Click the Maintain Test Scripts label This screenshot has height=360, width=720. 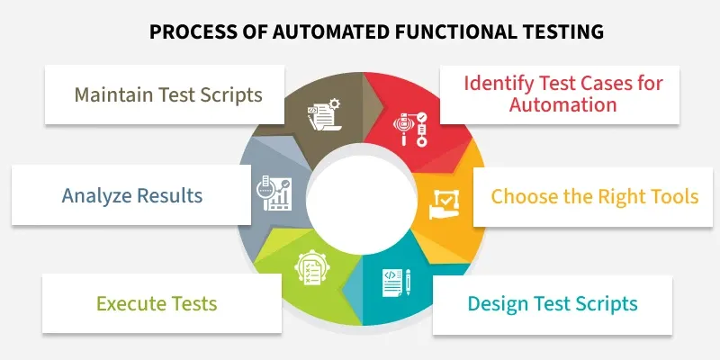pyautogui.click(x=167, y=94)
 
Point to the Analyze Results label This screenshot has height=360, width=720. pyautogui.click(x=132, y=195)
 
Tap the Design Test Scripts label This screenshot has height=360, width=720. pyautogui.click(x=553, y=303)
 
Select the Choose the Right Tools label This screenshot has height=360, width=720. pyautogui.click(x=595, y=196)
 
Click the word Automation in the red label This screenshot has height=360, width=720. pyautogui.click(x=563, y=104)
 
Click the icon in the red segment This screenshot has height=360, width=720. pyautogui.click(x=408, y=130)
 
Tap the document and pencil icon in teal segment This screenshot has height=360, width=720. pyautogui.click(x=397, y=282)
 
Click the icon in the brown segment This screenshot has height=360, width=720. pyautogui.click(x=321, y=115)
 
